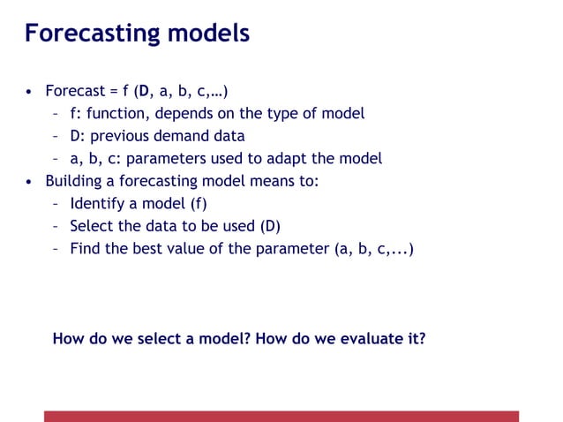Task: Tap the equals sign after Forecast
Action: pos(109,90)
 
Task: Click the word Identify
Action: pos(97,204)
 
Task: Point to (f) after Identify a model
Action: pos(198,204)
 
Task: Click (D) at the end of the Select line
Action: pos(270,226)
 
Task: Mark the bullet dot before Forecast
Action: pos(29,91)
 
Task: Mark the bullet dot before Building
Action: pos(29,182)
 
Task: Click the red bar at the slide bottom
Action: pos(281,416)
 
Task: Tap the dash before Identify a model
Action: pos(56,204)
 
